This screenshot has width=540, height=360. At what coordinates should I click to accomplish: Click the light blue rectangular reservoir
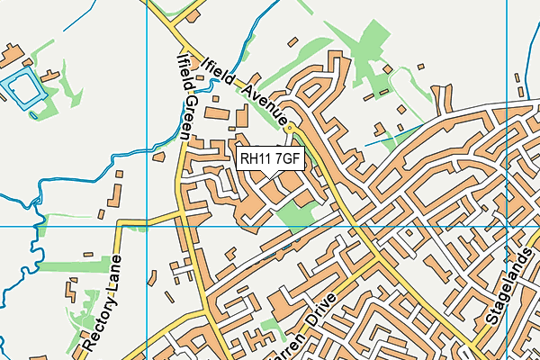coord(22,88)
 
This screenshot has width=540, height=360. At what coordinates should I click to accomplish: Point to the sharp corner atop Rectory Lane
coord(117,225)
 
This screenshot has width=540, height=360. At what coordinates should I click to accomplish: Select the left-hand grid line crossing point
coord(145,226)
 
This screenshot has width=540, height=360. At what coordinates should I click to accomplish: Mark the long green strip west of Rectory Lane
coord(67,266)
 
